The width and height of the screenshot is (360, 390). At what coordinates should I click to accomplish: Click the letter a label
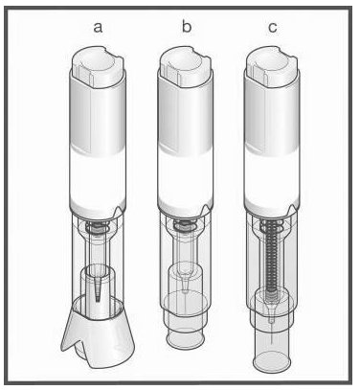coord(98,28)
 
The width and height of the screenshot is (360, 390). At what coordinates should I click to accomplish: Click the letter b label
coord(187,26)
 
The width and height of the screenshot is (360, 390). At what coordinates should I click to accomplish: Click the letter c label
coord(272,28)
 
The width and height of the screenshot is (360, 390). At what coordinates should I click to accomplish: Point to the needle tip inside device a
coord(98,299)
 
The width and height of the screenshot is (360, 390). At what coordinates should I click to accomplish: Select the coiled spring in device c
coord(271,256)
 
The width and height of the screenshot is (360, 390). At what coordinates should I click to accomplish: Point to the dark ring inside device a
coord(99,229)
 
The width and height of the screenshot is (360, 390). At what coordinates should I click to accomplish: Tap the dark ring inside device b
coord(186,226)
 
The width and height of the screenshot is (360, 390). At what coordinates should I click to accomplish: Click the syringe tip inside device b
coord(184,285)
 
